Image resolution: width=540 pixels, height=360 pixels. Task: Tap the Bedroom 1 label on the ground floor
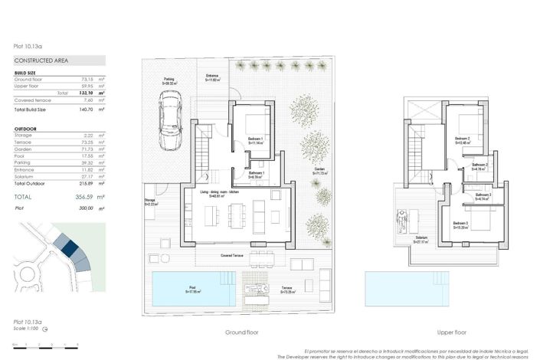click(257, 139)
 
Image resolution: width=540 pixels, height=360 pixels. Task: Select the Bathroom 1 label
click(258, 174)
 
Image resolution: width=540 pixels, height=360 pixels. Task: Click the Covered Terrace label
click(232, 255)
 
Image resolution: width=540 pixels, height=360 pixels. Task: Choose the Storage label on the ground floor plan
click(150, 201)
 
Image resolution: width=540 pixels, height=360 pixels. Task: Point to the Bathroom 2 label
click(480, 166)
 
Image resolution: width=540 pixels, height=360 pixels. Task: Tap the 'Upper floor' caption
click(451, 333)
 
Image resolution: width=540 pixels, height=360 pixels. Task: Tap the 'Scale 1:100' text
click(28, 329)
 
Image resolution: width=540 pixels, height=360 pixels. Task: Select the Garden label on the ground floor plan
click(319, 172)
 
